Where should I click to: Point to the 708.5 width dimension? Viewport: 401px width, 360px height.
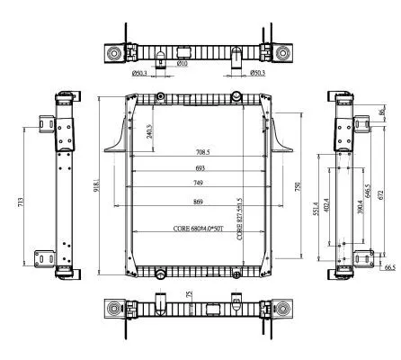pyautogui.click(x=200, y=152)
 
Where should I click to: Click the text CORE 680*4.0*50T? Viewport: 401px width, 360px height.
pyautogui.click(x=199, y=229)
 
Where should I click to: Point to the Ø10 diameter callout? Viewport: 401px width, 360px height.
pyautogui.click(x=182, y=63)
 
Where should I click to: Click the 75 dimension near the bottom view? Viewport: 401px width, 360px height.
pyautogui.click(x=189, y=294)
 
